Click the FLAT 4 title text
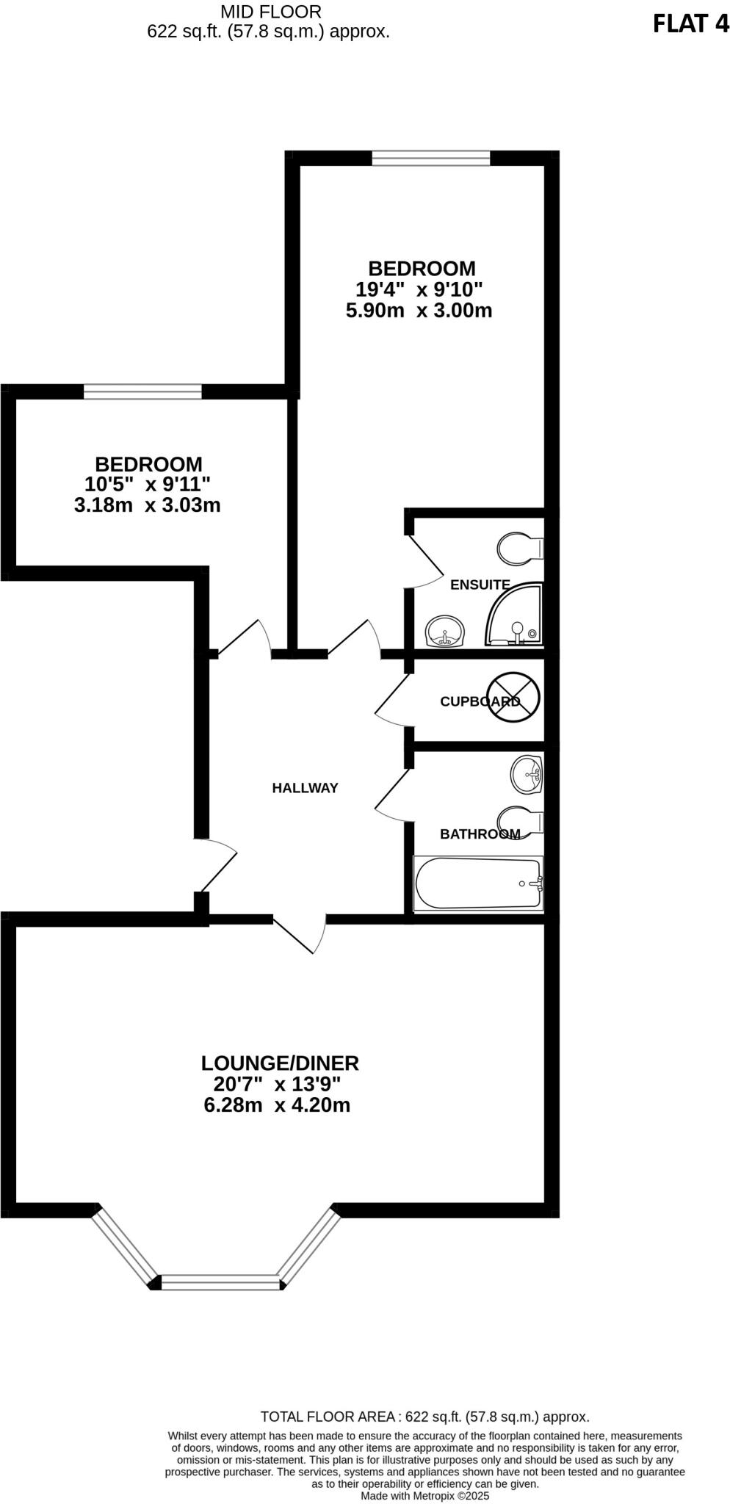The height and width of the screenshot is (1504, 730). point(690,23)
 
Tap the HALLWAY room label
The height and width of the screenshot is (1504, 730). point(305,788)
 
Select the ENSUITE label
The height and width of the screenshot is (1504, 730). point(480,585)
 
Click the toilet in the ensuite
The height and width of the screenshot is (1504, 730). point(520,548)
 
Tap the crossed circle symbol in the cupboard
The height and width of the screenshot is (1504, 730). point(514,698)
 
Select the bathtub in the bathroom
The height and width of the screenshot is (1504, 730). point(478,883)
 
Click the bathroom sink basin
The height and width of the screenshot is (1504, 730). point(527,774)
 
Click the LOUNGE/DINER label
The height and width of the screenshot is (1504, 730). point(280,1063)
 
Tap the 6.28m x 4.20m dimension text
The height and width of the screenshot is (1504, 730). point(277,1104)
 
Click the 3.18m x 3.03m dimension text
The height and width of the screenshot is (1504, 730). point(147,505)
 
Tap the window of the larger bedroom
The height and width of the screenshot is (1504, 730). point(430,158)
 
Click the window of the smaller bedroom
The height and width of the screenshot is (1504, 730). point(142,392)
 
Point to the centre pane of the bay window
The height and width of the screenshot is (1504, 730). point(220,1282)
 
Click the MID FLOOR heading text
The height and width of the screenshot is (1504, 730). point(270,12)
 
